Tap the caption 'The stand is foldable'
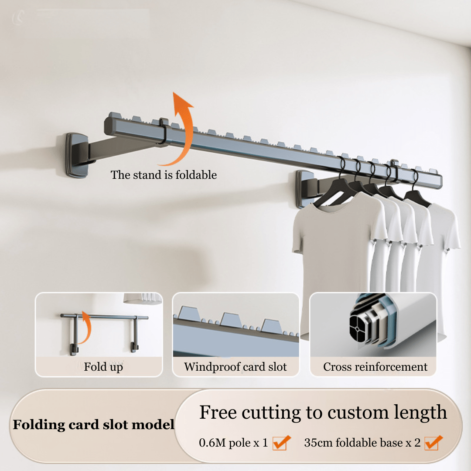(164, 175)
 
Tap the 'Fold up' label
(103, 367)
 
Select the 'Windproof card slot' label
(235, 367)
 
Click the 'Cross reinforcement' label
(375, 367)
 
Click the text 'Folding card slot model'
(93, 424)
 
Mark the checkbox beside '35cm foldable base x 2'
(433, 443)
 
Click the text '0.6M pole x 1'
(233, 443)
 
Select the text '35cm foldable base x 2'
(362, 443)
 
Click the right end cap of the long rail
(438, 180)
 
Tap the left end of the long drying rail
(109, 124)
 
